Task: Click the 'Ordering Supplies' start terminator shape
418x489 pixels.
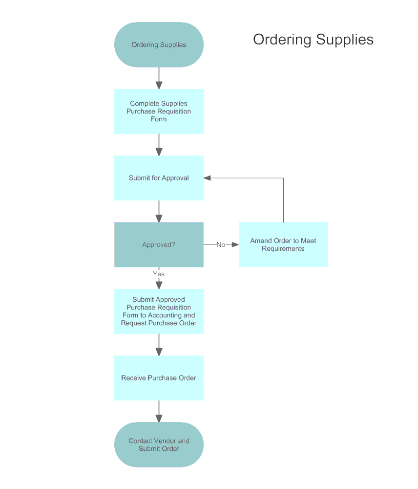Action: (159, 44)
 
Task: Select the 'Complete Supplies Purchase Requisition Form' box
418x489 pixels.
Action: (159, 111)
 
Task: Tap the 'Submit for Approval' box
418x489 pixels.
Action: (159, 178)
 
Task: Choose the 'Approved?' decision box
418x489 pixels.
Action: (159, 244)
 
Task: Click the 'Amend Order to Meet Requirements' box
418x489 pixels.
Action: (283, 244)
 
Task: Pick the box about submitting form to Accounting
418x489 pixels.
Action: (159, 311)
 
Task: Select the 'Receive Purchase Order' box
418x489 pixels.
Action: (159, 378)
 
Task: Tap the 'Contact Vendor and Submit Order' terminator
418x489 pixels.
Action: (159, 445)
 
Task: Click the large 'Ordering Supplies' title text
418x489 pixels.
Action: (313, 40)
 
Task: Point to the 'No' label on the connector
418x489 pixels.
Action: (221, 244)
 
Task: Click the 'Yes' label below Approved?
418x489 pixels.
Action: (159, 274)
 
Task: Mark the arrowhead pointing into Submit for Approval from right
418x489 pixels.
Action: (208, 178)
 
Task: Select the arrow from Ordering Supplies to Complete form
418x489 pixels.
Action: (159, 78)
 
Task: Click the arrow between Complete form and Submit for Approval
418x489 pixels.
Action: (159, 145)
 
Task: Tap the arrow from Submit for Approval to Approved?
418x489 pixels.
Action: (159, 211)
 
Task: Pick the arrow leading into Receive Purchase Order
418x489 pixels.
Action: (159, 345)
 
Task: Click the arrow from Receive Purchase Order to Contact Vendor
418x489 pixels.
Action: (159, 411)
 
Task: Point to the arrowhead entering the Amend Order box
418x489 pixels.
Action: (235, 244)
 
